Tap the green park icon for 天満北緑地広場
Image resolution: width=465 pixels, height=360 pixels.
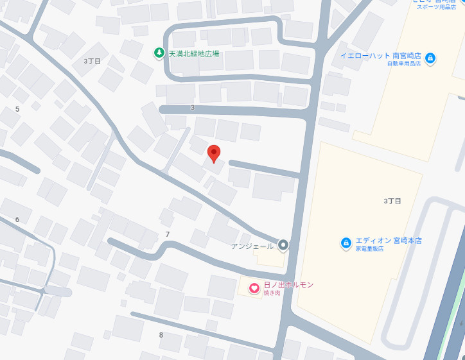coord(159,53)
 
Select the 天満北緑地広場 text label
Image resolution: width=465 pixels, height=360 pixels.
coord(193,54)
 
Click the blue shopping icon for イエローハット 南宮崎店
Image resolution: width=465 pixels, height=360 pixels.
coord(430,58)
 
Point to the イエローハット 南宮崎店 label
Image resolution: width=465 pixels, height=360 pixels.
coord(380,55)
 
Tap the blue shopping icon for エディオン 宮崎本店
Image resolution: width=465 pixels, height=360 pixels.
coord(346,243)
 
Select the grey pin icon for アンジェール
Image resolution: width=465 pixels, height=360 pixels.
coord(283,245)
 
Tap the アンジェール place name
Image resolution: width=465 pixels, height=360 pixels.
coord(253,246)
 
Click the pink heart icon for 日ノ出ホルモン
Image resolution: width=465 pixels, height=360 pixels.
coord(254,288)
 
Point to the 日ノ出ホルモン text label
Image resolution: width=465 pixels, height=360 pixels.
coord(288,284)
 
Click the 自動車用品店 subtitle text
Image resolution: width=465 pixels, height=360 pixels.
coord(403,64)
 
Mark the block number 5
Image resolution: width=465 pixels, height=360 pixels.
coord(17,109)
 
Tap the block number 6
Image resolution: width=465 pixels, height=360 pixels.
coord(17,219)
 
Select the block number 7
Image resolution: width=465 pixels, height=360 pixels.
coord(168,234)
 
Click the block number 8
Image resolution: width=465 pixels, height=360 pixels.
coord(161,335)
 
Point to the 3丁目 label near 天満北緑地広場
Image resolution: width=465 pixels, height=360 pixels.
coord(92,61)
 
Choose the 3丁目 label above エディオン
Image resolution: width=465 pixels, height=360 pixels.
coord(392,201)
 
